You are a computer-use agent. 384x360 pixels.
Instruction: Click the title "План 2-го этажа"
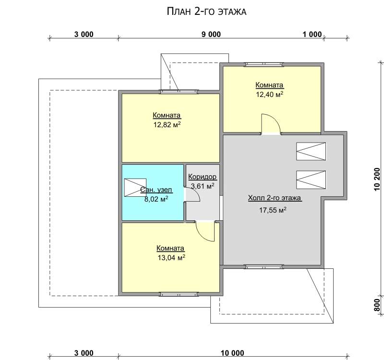pos(206,12)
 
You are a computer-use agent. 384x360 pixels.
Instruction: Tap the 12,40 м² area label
pos(270,94)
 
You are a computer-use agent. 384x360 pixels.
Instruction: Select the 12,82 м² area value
pos(167,125)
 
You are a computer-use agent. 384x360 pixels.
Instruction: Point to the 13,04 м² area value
pos(171,257)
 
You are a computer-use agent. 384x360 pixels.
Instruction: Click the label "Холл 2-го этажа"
pos(275,198)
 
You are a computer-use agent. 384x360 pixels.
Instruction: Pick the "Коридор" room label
pos(202,177)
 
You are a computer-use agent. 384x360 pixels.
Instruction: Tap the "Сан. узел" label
pos(156,190)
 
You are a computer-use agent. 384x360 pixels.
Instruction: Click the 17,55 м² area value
pos(273,210)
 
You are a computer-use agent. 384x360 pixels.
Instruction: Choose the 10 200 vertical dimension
pos(377,179)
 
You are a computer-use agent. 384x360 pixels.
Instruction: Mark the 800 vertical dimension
pos(377,305)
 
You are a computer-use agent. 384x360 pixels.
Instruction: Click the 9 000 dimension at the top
pos(211,34)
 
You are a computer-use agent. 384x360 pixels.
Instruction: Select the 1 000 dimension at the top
pos(312,34)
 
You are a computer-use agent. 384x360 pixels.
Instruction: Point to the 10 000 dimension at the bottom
pos(232,353)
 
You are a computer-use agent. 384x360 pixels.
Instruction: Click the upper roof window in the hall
pos(311,151)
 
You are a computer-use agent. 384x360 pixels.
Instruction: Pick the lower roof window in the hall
pos(311,180)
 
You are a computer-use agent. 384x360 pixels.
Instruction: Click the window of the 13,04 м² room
pos(179,294)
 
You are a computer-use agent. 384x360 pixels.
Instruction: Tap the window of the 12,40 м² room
pos(265,64)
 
